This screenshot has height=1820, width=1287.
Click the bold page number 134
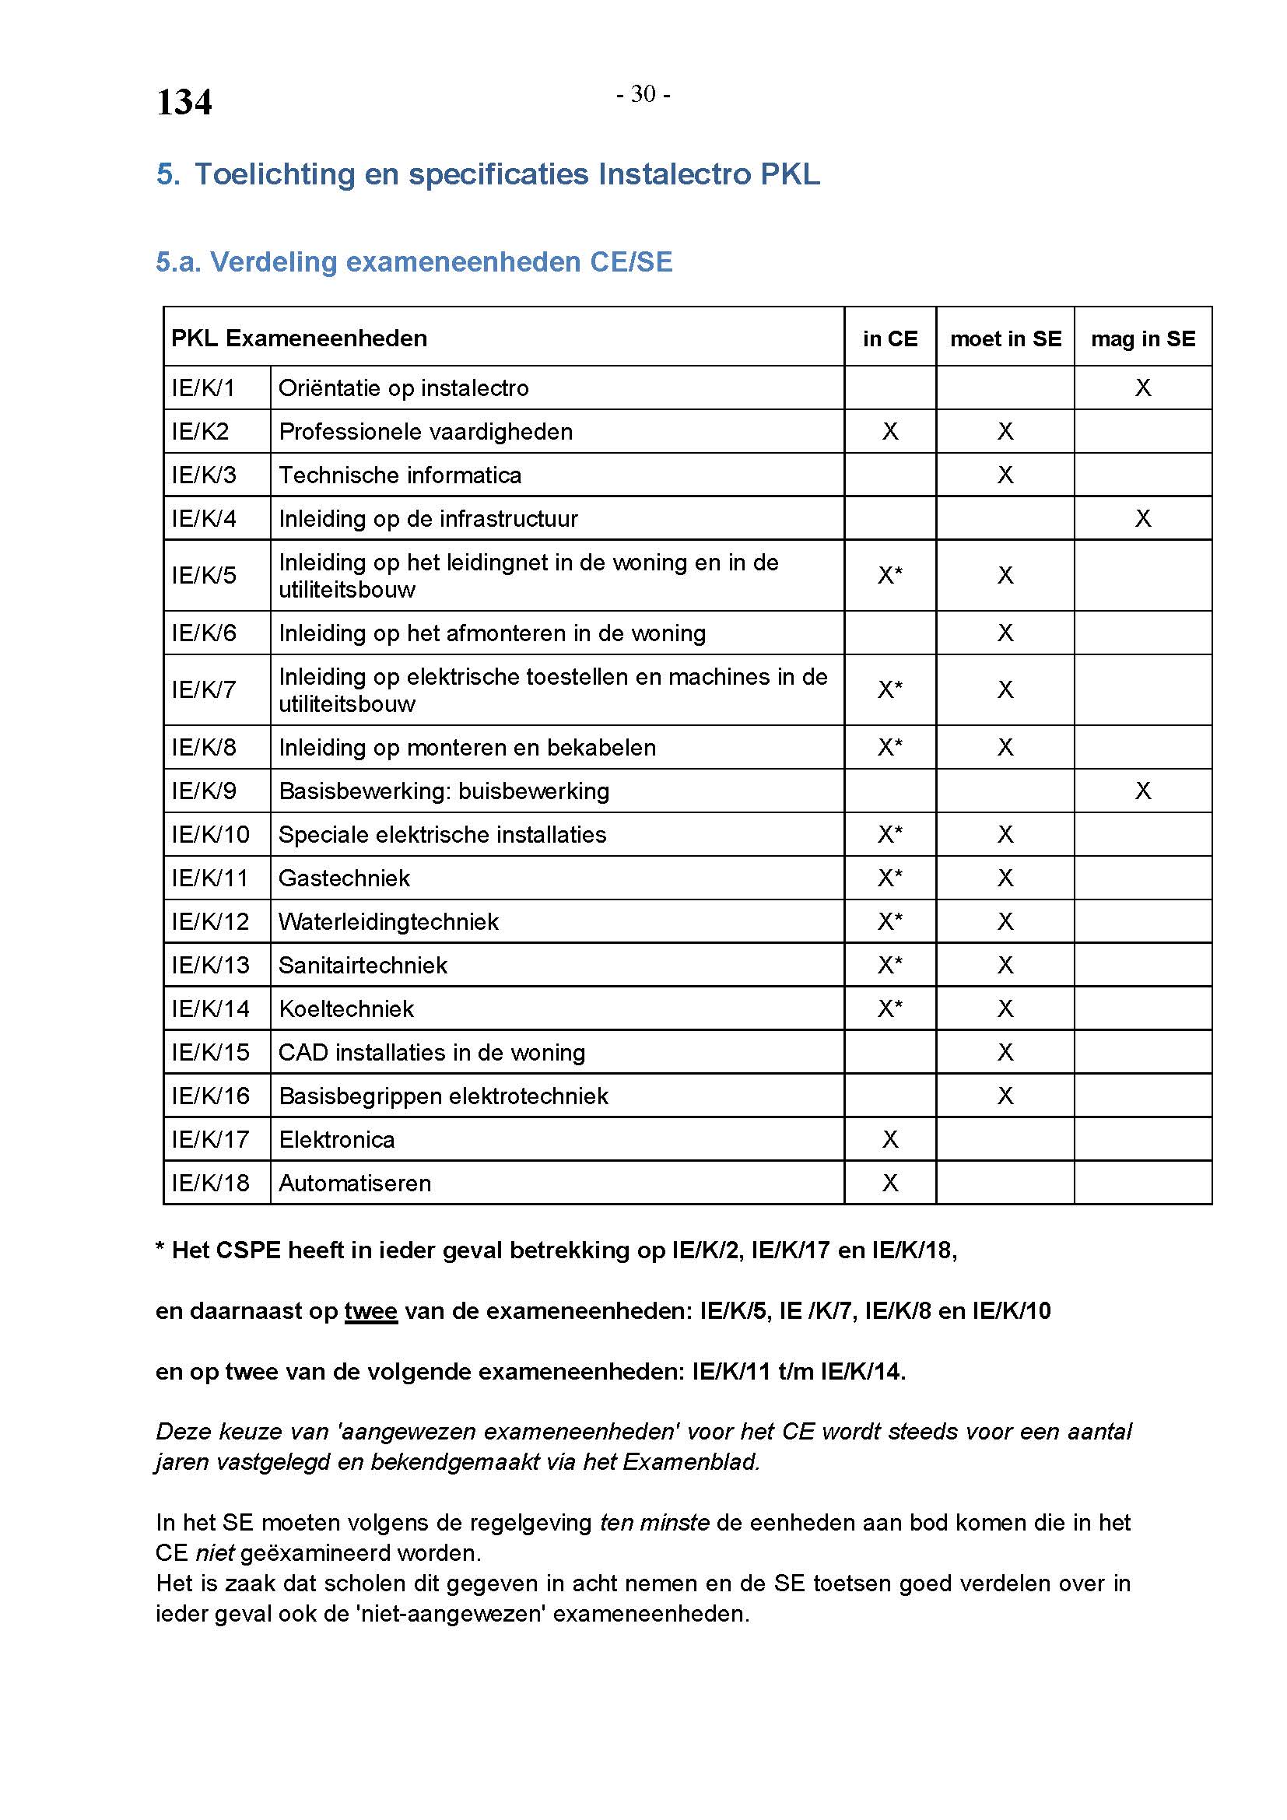point(184,103)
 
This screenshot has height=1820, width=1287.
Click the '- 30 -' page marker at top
point(643,94)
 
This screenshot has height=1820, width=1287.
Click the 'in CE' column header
point(890,339)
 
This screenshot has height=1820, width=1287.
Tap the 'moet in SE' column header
point(1005,339)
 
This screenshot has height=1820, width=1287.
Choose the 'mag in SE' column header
point(1143,339)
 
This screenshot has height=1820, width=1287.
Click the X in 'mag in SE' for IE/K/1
point(1143,387)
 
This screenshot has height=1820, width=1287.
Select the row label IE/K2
point(201,431)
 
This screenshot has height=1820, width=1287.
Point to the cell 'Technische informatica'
point(400,475)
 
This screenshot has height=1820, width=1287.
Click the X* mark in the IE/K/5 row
point(890,575)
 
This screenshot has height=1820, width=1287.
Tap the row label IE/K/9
point(205,791)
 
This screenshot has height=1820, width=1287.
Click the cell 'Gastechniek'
point(344,878)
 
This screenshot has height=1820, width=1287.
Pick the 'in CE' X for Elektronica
point(890,1139)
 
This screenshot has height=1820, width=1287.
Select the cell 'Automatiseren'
point(355,1183)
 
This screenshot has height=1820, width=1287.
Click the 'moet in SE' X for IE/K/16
point(1005,1096)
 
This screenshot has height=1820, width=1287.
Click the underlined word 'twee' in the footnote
point(370,1311)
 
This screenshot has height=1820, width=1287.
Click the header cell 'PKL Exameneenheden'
point(300,338)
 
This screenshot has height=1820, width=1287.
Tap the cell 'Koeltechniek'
point(346,1008)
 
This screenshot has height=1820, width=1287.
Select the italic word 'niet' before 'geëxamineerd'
point(215,1552)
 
